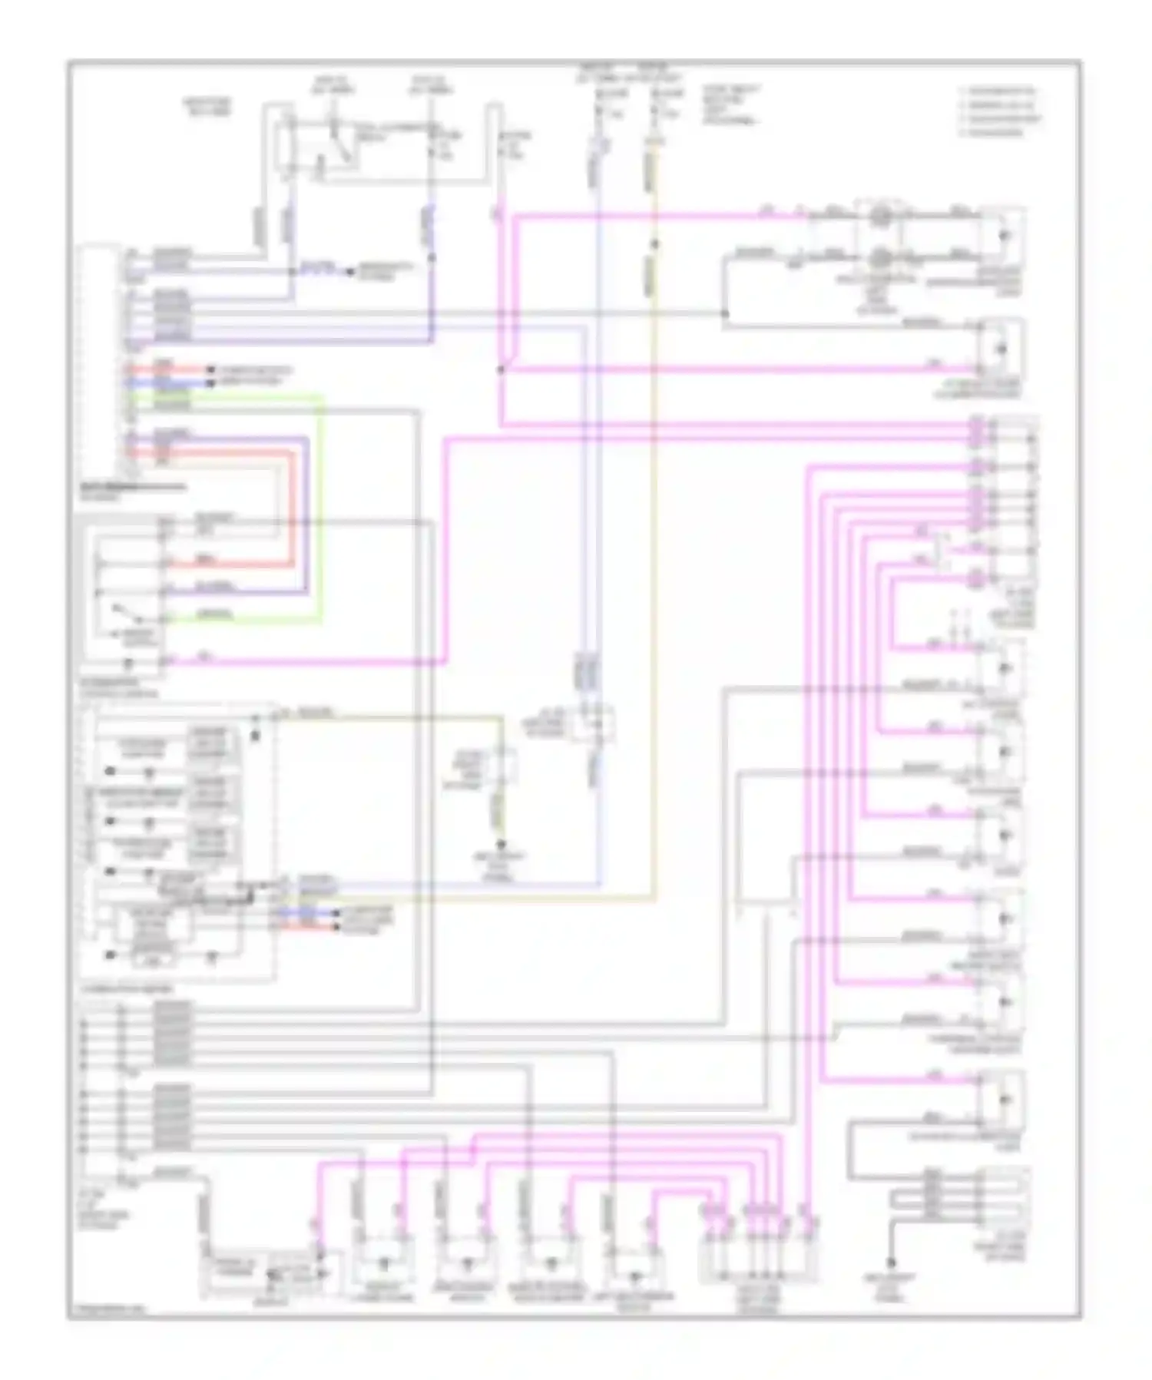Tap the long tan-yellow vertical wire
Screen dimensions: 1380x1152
654,538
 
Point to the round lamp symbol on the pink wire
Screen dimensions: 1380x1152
881,217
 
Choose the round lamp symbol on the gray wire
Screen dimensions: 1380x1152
881,254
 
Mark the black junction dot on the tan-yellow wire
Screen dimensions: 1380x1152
654,245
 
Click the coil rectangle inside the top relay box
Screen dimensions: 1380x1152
288,146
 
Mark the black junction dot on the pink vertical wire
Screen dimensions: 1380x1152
501,369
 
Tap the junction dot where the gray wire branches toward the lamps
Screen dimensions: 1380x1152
724,313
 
